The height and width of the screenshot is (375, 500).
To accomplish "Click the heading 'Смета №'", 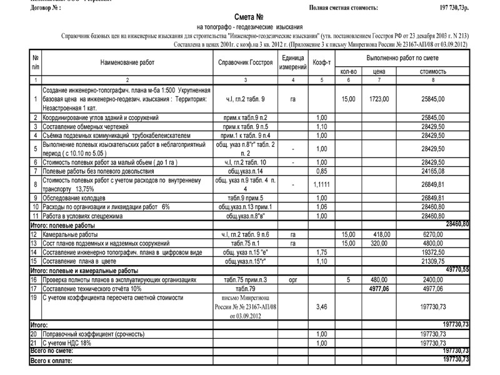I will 250,18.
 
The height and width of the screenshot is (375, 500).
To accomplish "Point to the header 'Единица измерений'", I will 292,62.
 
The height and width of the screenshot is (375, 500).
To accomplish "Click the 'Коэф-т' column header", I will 322,63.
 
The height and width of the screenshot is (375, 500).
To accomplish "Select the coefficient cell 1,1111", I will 322,185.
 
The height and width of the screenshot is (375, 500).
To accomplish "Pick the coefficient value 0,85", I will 322,171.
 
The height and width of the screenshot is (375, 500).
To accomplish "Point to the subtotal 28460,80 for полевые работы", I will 456,224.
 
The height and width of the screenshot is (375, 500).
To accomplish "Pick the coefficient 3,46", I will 322,307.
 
